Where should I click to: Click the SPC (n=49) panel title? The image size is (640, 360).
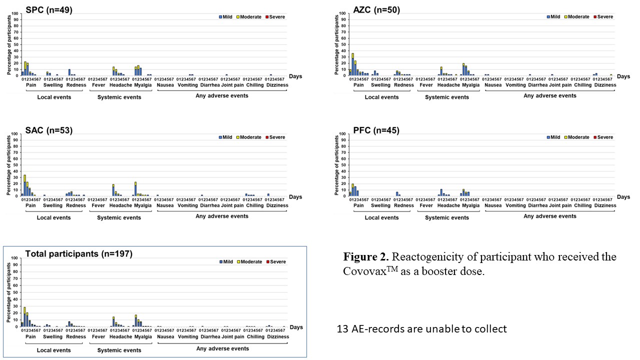pos(49,10)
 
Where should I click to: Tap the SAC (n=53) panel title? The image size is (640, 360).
pos(49,130)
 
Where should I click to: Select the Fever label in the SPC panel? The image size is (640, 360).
pos(98,85)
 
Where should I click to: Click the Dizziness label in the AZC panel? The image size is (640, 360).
pos(605,85)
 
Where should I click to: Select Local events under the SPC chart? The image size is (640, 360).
pos(54,97)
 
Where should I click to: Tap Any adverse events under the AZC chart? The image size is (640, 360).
pos(550,95)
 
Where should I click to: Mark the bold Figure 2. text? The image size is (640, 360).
pos(365,257)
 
